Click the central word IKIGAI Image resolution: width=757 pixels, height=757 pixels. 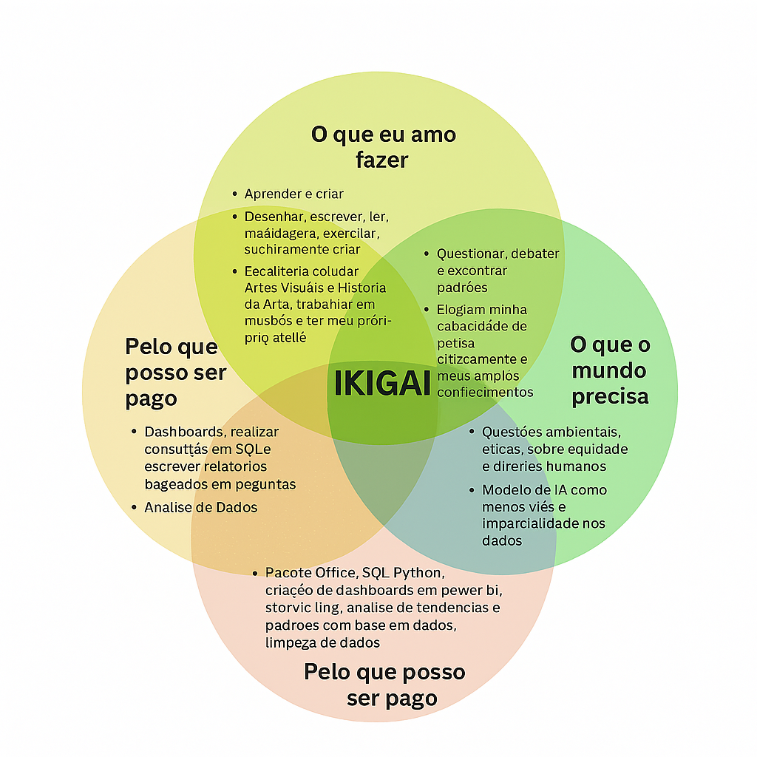click(382, 384)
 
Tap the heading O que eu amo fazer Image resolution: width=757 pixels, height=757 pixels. click(383, 147)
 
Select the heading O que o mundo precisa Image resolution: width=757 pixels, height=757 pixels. click(610, 370)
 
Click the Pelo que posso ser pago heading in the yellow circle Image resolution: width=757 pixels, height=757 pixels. click(175, 372)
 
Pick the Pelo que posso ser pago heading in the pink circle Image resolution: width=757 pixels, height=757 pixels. click(385, 685)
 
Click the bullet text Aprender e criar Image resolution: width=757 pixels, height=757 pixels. click(293, 194)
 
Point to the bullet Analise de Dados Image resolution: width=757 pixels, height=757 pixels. click(200, 507)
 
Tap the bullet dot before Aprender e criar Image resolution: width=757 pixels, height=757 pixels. click(234, 194)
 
